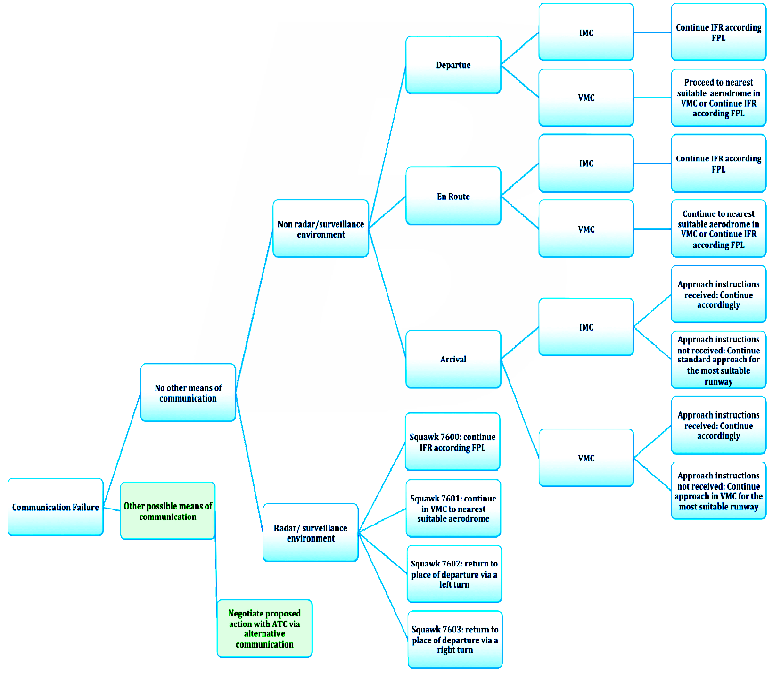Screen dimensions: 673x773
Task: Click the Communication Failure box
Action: pos(56,507)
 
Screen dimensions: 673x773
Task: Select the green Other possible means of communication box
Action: pos(168,511)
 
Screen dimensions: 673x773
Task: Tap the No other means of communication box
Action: pos(188,393)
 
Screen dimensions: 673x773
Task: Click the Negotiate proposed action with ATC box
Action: pos(264,629)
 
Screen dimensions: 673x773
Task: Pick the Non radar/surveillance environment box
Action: pos(321,229)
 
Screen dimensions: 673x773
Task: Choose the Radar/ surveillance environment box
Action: pos(311,533)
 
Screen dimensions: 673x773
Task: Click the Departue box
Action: pos(453,65)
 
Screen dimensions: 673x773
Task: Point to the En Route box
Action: pos(453,196)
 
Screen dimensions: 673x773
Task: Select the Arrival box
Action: pos(453,360)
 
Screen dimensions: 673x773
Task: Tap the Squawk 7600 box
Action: pos(452,442)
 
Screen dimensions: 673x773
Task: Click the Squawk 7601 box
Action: pos(453,509)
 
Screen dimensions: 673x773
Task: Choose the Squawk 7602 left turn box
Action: pos(454,574)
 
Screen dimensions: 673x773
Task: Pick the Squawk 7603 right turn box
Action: pos(455,640)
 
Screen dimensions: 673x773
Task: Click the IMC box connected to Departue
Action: pos(586,33)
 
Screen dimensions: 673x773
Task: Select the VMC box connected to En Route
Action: pos(586,229)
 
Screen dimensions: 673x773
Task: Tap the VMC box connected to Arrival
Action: pos(586,458)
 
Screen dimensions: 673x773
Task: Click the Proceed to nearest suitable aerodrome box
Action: pos(718,98)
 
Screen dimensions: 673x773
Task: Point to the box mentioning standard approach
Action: pos(718,360)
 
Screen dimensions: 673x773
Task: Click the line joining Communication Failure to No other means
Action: pos(122,450)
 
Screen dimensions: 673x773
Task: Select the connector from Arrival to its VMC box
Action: pos(520,409)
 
